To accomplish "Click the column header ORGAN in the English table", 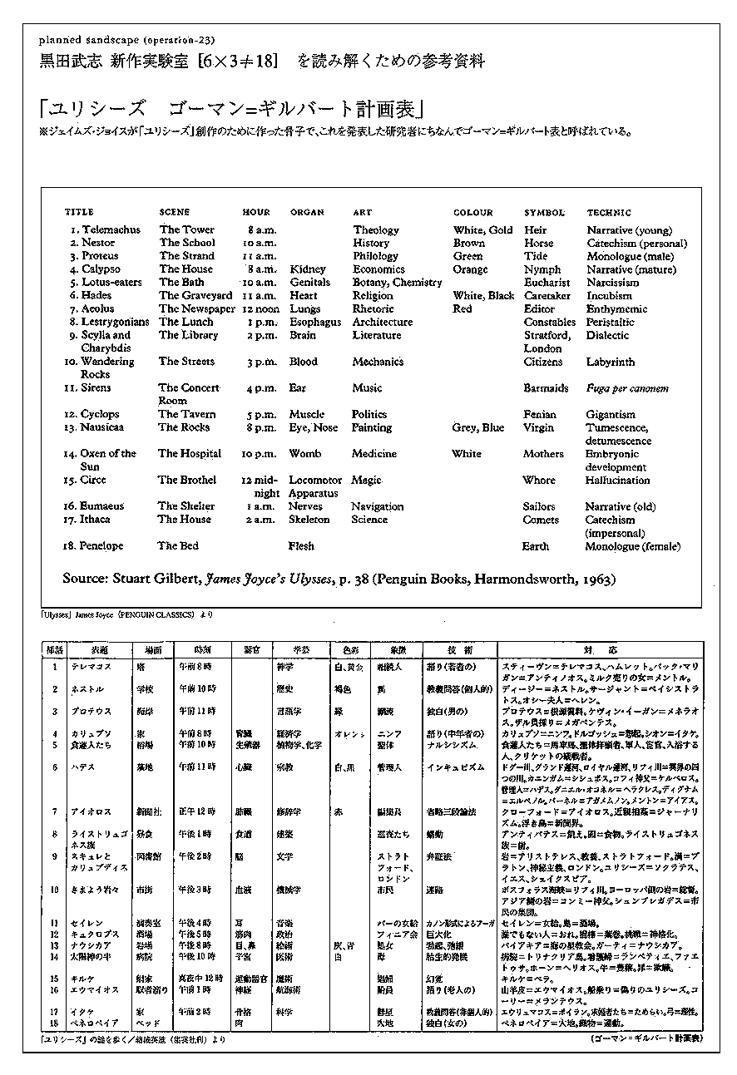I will click(x=307, y=213).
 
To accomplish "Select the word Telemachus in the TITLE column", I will click(x=111, y=229).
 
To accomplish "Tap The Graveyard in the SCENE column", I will click(x=195, y=295).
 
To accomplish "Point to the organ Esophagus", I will click(x=315, y=322).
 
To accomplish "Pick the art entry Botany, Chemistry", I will click(x=397, y=282).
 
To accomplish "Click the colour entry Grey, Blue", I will click(x=477, y=427).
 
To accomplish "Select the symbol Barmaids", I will click(x=546, y=387).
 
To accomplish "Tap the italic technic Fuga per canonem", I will click(x=626, y=388).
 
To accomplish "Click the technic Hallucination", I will click(x=618, y=480).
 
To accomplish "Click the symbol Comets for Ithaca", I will click(x=541, y=520).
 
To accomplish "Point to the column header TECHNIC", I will click(x=609, y=213).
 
